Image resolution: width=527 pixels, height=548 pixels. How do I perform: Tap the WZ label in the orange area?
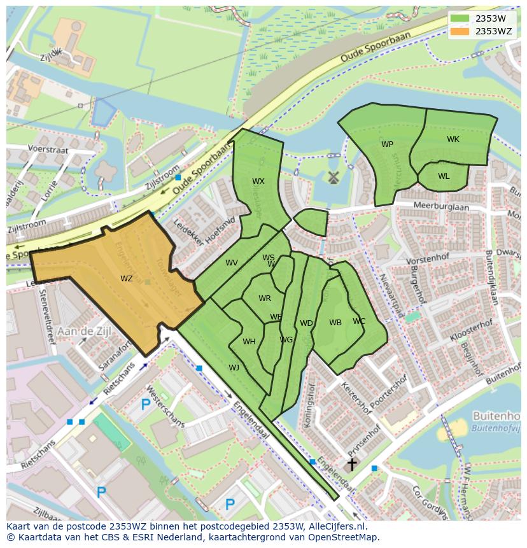[x=127, y=279]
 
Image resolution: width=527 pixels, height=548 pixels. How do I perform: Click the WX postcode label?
[x=258, y=181]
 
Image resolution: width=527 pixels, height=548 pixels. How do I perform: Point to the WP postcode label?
[x=387, y=144]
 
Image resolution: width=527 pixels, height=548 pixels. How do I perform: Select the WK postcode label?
[x=453, y=139]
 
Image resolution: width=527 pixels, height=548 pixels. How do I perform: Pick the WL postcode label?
[x=444, y=176]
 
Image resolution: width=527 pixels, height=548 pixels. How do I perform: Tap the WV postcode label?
[x=232, y=263]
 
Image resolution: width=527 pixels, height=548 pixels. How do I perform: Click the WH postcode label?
[x=249, y=342]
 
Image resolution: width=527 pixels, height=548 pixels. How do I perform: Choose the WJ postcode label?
[x=234, y=367]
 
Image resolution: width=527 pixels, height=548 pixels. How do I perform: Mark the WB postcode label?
[x=335, y=323]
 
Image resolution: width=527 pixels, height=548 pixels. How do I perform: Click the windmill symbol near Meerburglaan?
[x=332, y=178]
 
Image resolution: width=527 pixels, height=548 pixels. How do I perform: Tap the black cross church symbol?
[x=351, y=465]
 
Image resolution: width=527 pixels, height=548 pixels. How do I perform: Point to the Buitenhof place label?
[x=496, y=416]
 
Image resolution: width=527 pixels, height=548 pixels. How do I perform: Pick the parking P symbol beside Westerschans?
[x=146, y=404]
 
